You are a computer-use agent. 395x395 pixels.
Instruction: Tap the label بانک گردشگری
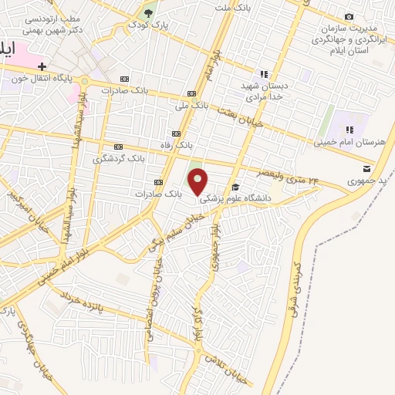click(x=119, y=158)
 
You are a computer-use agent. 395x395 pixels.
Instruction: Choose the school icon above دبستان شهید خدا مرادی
click(x=265, y=75)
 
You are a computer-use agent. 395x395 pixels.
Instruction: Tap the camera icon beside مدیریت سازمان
click(x=349, y=17)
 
